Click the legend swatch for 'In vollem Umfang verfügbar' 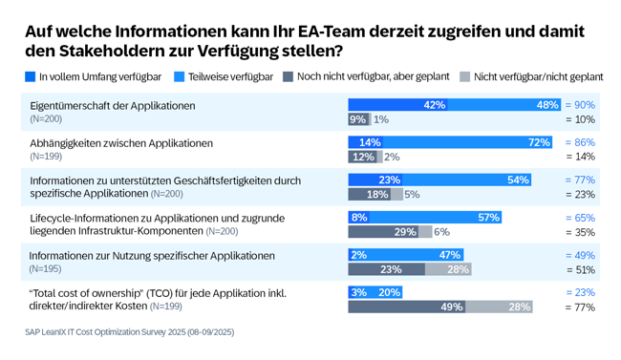coord(31,76)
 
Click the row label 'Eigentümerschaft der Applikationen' coord(112,105)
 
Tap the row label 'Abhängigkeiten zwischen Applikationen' coord(120,142)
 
